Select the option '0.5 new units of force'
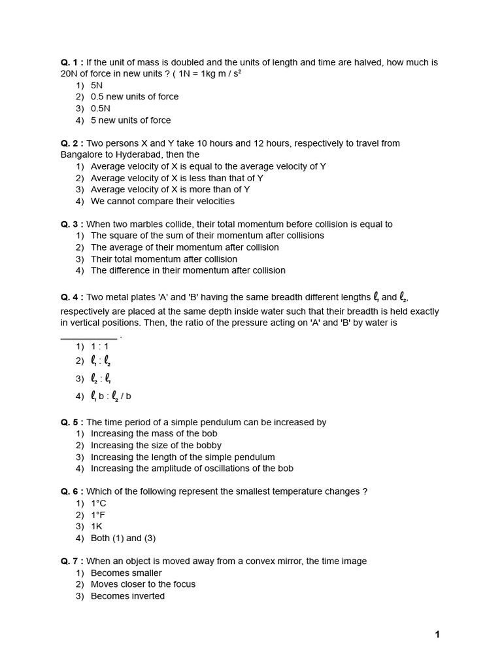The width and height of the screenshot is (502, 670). coord(134,97)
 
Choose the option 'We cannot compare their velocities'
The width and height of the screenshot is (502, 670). coord(162,202)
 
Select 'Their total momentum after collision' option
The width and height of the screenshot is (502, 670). coord(163,259)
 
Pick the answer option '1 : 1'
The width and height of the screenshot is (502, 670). coord(99,347)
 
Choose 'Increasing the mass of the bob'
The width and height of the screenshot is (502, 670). coord(154,434)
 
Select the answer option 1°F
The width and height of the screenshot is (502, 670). coord(98,515)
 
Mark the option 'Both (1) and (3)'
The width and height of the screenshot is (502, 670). coord(123,538)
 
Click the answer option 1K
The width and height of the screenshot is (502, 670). coord(97,527)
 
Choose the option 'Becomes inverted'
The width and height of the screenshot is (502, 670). coord(127,596)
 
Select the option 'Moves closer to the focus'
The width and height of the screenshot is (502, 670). coord(142,584)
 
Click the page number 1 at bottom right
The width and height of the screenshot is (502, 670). coord(437,634)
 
